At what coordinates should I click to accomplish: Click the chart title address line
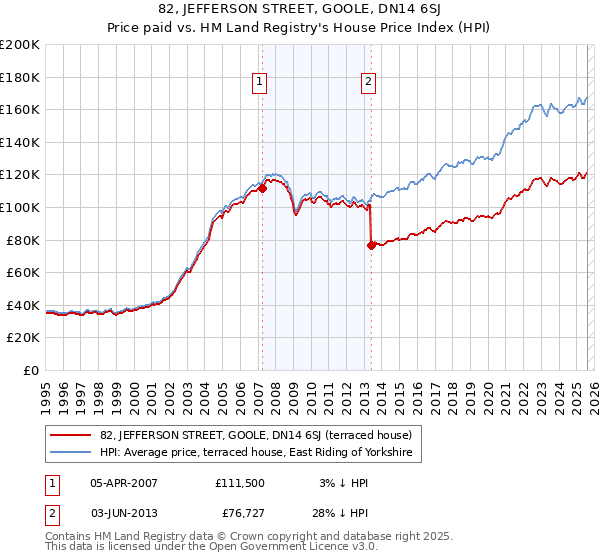pos(299,11)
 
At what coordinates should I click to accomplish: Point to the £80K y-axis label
pos(23,240)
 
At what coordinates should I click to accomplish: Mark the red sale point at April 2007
pos(262,187)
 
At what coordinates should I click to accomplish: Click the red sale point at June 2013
pos(371,245)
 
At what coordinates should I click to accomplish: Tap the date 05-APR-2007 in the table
pos(124,483)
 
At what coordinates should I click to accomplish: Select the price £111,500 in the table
pos(240,483)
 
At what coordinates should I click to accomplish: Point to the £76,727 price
pos(240,513)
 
